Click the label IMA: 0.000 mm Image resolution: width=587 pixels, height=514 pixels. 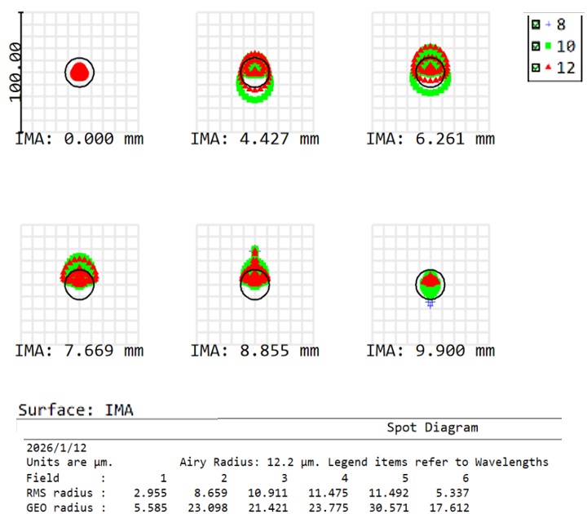(79, 139)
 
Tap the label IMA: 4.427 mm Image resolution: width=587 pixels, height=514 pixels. (254, 139)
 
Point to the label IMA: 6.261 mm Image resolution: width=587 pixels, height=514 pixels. (430, 139)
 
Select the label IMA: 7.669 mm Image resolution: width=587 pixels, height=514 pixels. (79, 351)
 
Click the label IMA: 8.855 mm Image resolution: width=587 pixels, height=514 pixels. (254, 351)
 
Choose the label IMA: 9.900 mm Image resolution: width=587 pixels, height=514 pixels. (430, 351)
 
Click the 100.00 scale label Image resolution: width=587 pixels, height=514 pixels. (14, 73)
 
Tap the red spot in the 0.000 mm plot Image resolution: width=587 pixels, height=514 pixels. (79, 73)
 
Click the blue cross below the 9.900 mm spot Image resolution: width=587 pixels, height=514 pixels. (430, 303)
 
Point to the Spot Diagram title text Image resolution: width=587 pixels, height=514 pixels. (432, 428)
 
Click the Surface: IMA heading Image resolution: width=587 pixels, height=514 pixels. (76, 410)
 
